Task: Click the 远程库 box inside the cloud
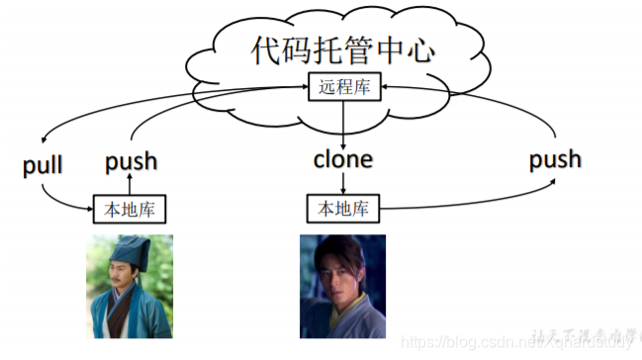(x=342, y=88)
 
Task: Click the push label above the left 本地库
(x=131, y=160)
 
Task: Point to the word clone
(x=342, y=158)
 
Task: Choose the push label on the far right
(x=554, y=158)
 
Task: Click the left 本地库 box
(x=131, y=209)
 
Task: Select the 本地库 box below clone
(x=342, y=209)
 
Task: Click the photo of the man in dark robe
(x=342, y=286)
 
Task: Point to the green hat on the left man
(x=127, y=247)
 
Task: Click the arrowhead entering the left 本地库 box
(x=91, y=209)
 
